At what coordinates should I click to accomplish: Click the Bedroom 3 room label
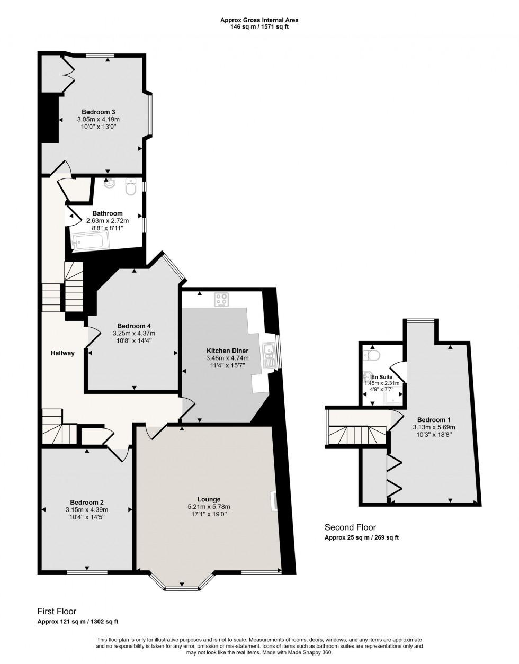tap(98, 112)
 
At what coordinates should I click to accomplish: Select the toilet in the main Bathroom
tap(131, 186)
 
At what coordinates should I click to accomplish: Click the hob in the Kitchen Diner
tap(221, 299)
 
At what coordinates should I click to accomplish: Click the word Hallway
tap(62, 353)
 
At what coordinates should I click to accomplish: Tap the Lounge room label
tap(209, 499)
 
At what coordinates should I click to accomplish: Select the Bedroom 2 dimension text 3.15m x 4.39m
tap(87, 510)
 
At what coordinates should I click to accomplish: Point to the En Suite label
tap(381, 377)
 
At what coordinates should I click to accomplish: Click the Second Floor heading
tap(350, 527)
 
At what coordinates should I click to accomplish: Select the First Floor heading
tap(57, 611)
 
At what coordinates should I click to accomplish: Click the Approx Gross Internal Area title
tap(259, 20)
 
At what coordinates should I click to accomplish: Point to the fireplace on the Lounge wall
tap(274, 501)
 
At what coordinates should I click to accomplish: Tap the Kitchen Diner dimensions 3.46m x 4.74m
tap(227, 358)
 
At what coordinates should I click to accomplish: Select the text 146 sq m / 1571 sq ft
tap(259, 27)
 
